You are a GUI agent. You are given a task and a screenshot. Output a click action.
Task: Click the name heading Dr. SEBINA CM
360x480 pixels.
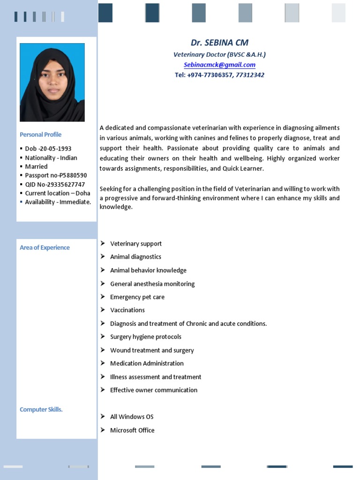pos(219,43)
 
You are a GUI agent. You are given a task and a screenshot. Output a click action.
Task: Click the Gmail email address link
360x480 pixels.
pos(219,65)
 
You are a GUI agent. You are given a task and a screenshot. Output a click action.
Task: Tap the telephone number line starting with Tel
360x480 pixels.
pos(219,75)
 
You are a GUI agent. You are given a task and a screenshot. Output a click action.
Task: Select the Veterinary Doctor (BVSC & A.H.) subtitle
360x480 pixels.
pos(219,54)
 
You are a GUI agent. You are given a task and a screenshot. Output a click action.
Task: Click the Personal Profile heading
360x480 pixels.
pos(40,135)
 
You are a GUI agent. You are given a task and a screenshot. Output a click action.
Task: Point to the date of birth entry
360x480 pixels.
pos(48,149)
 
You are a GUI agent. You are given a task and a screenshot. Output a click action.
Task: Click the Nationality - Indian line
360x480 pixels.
pos(51,157)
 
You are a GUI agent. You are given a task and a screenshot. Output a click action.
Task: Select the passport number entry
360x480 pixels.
pos(55,175)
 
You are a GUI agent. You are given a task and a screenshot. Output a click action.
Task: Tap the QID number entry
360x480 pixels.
pos(55,184)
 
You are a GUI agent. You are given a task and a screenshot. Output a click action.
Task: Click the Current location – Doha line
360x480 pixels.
pos(57,193)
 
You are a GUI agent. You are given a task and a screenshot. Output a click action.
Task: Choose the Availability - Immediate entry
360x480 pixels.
pos(58,202)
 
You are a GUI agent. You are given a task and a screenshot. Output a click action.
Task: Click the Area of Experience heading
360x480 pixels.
pos(45,247)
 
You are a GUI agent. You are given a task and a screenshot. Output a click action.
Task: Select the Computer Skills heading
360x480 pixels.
pos(41,409)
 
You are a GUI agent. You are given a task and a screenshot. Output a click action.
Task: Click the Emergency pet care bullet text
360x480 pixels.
pos(137,297)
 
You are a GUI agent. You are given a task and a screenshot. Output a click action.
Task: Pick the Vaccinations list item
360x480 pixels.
pos(127,310)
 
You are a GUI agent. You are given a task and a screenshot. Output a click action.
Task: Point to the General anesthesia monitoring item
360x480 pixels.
pos(152,284)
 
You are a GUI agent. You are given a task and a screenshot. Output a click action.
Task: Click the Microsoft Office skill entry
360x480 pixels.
pos(132,430)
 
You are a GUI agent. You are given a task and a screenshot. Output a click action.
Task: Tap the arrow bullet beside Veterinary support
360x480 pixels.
pos(103,243)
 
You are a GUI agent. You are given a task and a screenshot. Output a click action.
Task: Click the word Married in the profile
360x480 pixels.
pos(36,166)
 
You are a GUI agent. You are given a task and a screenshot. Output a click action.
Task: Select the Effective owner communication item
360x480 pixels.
pos(153,390)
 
